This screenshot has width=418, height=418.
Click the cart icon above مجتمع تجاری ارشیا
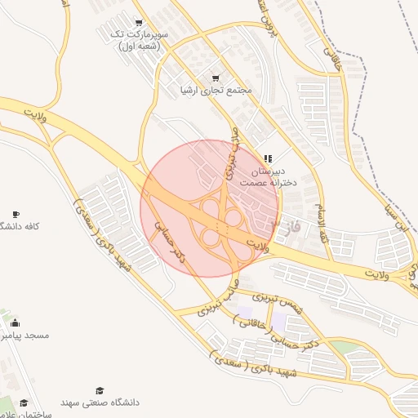[216, 78]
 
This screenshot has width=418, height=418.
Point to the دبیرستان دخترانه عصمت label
[266, 178]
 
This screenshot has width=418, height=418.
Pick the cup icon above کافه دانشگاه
[16, 214]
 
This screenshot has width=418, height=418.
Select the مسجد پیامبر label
[24, 336]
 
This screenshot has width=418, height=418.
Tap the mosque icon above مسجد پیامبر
[16, 323]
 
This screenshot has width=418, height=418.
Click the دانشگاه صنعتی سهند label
[100, 402]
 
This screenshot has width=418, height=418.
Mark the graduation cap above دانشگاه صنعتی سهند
[100, 390]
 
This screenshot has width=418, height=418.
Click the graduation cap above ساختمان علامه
[24, 402]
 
